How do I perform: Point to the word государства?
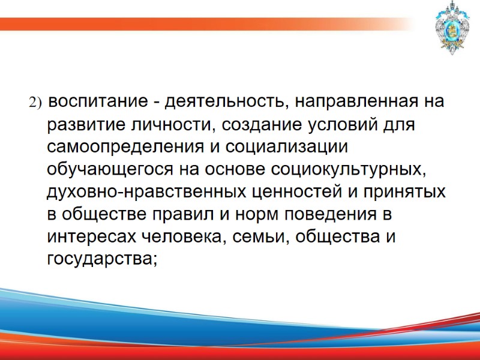[x=102, y=259]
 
